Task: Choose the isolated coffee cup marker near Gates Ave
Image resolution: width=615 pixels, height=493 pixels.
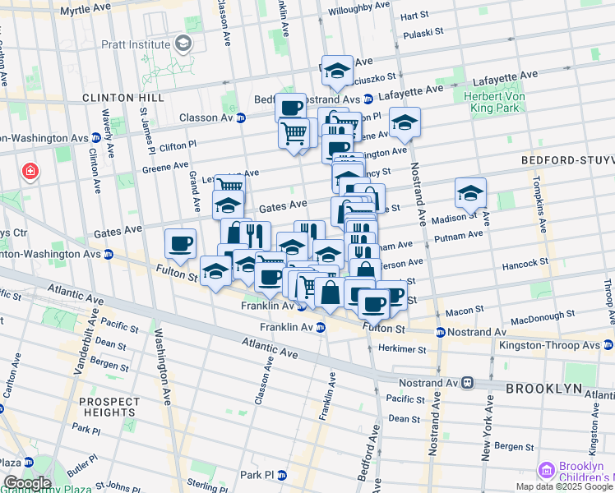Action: pos(180,243)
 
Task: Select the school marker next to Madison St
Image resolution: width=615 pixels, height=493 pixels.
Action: pos(470,193)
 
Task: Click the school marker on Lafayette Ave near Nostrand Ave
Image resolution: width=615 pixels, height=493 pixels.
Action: pos(405,122)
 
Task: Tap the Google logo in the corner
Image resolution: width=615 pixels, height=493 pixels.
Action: pos(26,483)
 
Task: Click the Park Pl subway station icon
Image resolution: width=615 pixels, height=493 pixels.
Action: pos(282,475)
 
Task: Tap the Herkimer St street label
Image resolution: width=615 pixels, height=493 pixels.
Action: pos(404,349)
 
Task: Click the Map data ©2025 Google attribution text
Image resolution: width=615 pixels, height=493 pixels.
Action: pos(564,486)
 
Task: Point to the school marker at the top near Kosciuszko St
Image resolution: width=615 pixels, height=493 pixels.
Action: pos(336,71)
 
